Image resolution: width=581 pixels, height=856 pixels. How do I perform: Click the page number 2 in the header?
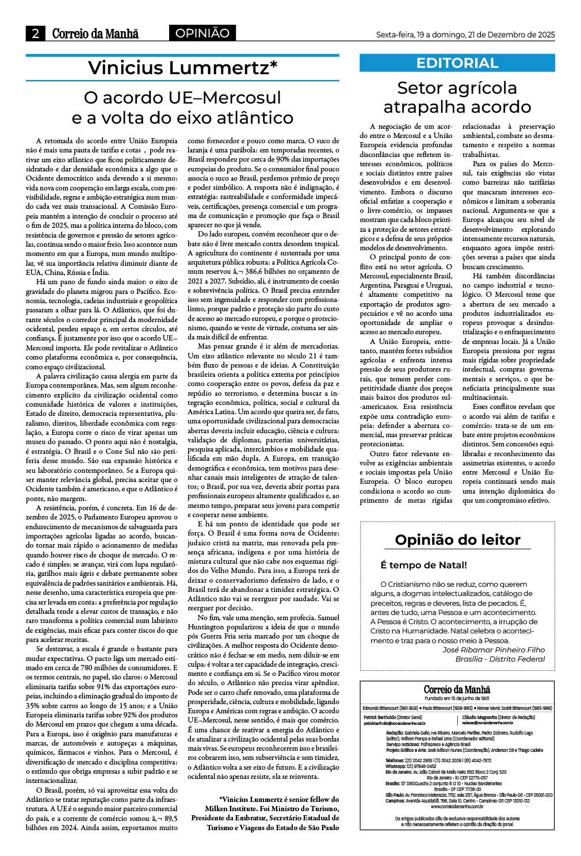(35, 34)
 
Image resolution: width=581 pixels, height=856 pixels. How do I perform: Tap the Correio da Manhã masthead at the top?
(95, 34)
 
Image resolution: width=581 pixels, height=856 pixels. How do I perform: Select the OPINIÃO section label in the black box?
(202, 33)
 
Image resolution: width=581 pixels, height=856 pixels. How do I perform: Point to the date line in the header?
(465, 35)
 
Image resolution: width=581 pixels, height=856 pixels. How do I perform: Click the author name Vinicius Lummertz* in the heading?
(182, 68)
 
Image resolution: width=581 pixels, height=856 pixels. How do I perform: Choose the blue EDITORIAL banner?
(457, 63)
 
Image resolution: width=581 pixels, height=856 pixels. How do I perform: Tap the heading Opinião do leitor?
(457, 540)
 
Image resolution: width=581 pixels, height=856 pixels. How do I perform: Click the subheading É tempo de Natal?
(423, 565)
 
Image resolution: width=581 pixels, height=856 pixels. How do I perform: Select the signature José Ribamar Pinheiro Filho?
(494, 649)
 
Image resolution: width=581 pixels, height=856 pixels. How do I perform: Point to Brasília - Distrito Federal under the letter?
(500, 659)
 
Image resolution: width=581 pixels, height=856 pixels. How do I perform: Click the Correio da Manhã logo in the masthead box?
(457, 689)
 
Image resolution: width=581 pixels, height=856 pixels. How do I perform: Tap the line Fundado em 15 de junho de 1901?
(457, 698)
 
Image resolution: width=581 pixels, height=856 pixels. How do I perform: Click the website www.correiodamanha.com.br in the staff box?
(457, 806)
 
